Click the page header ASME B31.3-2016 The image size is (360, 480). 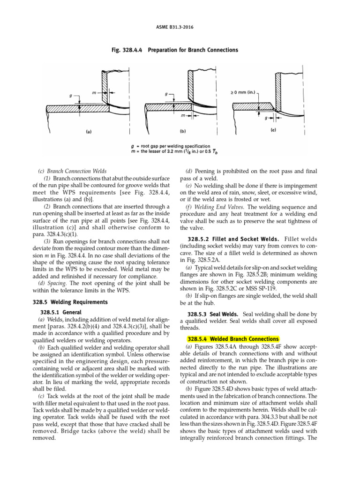(180, 27)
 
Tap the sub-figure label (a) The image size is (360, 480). (88, 132)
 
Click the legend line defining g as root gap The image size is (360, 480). (178, 146)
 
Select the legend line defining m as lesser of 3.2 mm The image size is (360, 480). (184, 151)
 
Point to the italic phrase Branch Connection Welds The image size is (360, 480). (76, 171)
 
